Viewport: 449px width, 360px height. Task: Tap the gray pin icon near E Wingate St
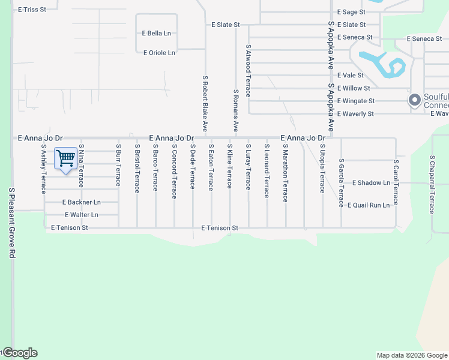pyautogui.click(x=414, y=100)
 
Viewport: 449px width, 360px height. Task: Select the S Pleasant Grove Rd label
pyautogui.click(x=11, y=223)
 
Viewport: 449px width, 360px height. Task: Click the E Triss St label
pyautogui.click(x=32, y=10)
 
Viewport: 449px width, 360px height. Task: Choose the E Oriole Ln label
pyautogui.click(x=159, y=53)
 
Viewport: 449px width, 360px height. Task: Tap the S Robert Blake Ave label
pyautogui.click(x=205, y=103)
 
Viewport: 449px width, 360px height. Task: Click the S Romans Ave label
pyautogui.click(x=236, y=111)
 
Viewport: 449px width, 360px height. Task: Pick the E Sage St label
pyautogui.click(x=351, y=12)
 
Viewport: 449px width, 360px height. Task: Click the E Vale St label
pyautogui.click(x=350, y=76)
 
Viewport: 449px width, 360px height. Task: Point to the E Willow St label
pyautogui.click(x=354, y=88)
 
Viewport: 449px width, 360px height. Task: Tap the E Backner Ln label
pyautogui.click(x=80, y=202)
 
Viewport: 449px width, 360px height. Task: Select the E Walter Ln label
pyautogui.click(x=81, y=215)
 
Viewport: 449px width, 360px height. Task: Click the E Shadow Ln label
pyautogui.click(x=371, y=182)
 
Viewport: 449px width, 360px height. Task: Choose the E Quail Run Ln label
pyautogui.click(x=369, y=205)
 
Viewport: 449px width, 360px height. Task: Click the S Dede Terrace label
pyautogui.click(x=193, y=166)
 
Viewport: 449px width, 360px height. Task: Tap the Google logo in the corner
pyautogui.click(x=20, y=353)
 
